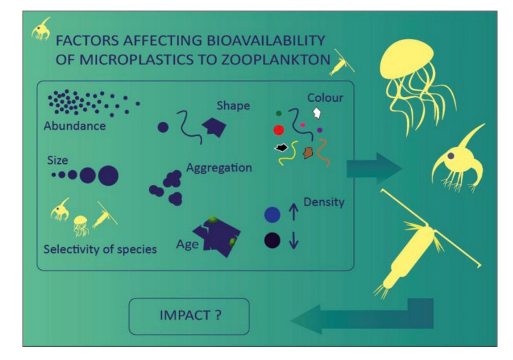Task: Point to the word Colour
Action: [x=324, y=98]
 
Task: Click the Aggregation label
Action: [x=219, y=167]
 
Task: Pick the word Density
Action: [x=324, y=203]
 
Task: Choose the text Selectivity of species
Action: [x=100, y=249]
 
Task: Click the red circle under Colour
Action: [x=278, y=130]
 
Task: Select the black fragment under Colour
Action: [x=280, y=147]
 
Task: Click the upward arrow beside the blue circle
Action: [x=294, y=215]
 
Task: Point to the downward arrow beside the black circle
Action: [x=294, y=241]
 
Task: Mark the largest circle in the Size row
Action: [x=108, y=176]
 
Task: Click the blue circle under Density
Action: [x=273, y=215]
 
